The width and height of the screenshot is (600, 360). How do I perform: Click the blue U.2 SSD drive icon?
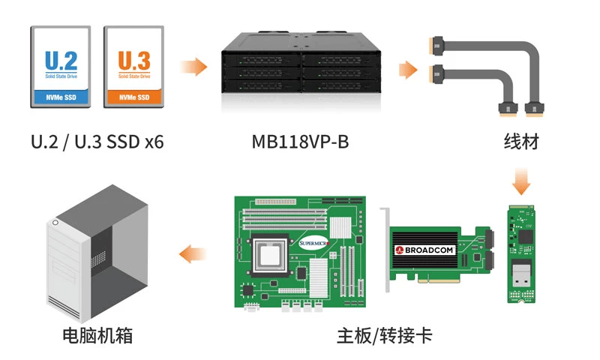[x=61, y=67]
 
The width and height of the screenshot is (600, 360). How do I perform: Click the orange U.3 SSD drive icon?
[x=133, y=67]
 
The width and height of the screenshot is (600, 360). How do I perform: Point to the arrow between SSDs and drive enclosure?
[x=194, y=67]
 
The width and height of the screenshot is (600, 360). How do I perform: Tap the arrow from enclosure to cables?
[x=408, y=70]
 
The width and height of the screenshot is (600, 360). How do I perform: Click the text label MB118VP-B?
[x=300, y=142]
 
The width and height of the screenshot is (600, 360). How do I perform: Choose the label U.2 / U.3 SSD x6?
[x=97, y=142]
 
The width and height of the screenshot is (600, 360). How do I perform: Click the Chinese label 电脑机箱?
[x=97, y=335]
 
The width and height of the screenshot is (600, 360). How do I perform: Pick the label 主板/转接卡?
[x=384, y=335]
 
